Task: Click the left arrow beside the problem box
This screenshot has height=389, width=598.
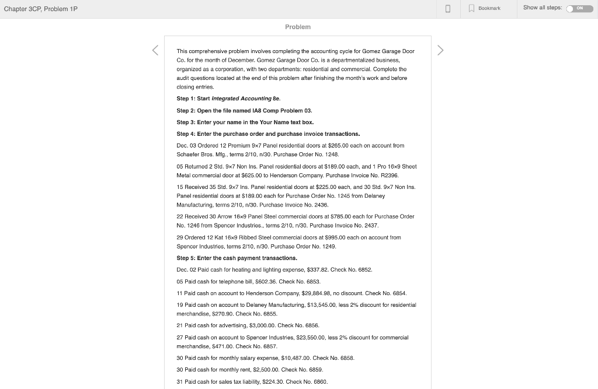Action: tap(155, 51)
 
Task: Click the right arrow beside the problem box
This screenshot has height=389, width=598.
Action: tap(440, 51)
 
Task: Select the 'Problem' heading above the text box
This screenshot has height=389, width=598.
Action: tap(298, 27)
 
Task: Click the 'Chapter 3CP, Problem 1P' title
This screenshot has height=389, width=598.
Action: tap(41, 9)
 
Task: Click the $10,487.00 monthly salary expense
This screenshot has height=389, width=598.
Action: tap(296, 358)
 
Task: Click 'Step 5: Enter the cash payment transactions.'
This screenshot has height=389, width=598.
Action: tap(237, 258)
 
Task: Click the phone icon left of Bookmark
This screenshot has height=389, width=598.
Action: tap(448, 9)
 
